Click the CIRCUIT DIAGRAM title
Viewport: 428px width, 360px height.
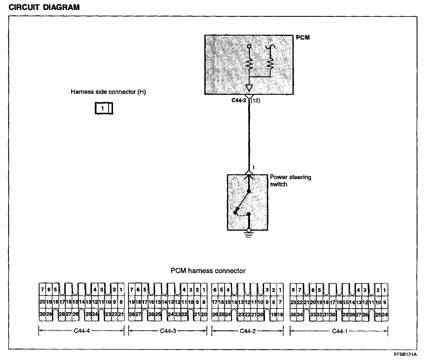(x=44, y=7)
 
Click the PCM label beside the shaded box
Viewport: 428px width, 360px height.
(x=303, y=38)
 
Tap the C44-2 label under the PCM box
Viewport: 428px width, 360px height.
(x=238, y=101)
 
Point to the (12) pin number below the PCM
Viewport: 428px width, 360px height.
(x=255, y=101)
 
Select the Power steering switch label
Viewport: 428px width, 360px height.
(x=290, y=181)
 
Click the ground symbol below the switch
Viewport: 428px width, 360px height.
(x=249, y=235)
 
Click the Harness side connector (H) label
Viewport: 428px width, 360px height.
(x=108, y=92)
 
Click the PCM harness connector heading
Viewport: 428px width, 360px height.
(x=208, y=271)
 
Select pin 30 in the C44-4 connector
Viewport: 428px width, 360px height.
(x=42, y=314)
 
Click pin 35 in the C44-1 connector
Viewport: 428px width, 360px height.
(x=293, y=315)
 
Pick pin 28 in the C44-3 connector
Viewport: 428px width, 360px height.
(x=131, y=314)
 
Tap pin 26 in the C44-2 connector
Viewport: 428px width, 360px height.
(x=215, y=315)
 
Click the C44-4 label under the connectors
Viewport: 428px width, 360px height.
(x=82, y=331)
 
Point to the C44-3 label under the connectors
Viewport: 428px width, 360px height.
(x=168, y=331)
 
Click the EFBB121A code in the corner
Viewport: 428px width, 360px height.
(x=405, y=355)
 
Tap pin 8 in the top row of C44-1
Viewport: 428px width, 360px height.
(x=293, y=290)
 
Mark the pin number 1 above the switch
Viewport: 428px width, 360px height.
(x=253, y=167)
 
